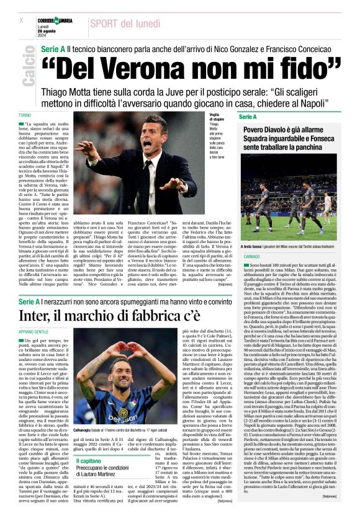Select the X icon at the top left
click(x=22, y=20)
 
